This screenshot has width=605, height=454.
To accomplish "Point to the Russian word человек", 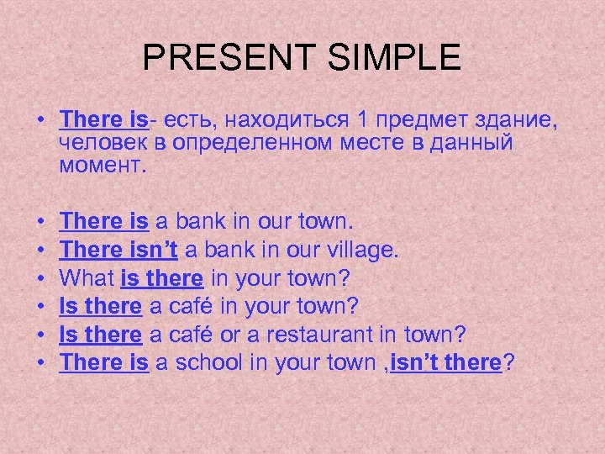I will (x=100, y=144).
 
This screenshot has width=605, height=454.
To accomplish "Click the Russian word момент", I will (x=103, y=165).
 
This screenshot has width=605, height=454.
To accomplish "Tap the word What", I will (x=89, y=278).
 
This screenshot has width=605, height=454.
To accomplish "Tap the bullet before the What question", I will (x=41, y=278).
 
